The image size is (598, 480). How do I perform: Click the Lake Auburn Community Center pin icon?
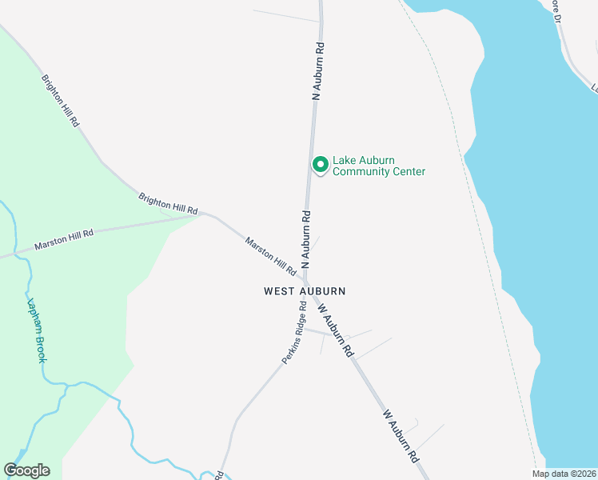click(x=320, y=165)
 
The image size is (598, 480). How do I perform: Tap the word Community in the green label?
click(x=361, y=171)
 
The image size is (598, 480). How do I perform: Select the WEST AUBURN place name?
click(x=305, y=292)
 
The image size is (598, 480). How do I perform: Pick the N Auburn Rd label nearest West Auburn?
click(x=305, y=239)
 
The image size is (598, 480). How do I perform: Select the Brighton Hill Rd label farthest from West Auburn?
click(x=62, y=100)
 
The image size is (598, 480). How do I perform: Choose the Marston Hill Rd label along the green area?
click(x=64, y=239)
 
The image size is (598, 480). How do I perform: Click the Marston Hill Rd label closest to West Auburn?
click(x=270, y=257)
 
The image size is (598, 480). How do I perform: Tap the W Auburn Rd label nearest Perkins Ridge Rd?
click(x=335, y=329)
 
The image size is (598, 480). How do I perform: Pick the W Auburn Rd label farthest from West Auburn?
click(x=401, y=436)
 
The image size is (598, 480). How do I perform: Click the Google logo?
click(x=26, y=470)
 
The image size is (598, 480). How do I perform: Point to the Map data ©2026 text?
click(x=564, y=474)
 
